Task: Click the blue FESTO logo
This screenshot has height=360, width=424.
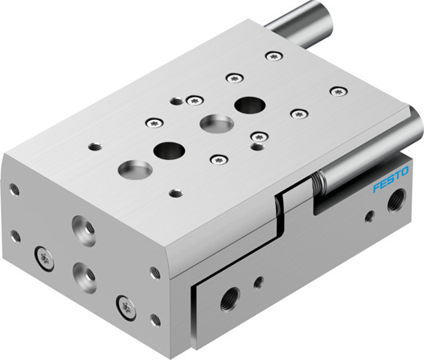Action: click(390, 180)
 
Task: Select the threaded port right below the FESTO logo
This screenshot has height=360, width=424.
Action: click(394, 205)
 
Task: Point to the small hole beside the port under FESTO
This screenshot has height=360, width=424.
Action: click(368, 215)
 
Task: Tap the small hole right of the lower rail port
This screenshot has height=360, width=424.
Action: click(258, 281)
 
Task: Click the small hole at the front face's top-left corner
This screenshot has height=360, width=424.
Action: click(14, 190)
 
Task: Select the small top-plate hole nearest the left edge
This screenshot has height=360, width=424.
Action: click(95, 146)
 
